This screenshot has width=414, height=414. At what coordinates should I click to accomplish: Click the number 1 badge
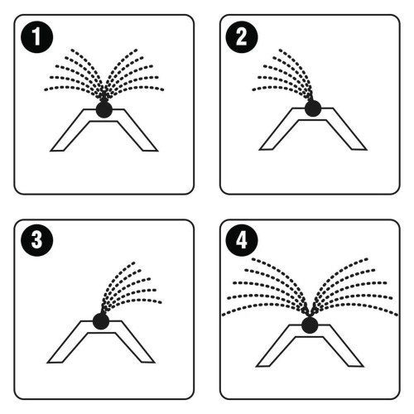(37, 37)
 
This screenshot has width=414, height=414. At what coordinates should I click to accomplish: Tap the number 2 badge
(242, 37)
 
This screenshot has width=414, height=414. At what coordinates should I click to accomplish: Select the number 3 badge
(37, 240)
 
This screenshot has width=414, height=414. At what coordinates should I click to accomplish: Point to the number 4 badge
(242, 240)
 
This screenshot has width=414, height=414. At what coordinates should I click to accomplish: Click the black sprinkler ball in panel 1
(104, 109)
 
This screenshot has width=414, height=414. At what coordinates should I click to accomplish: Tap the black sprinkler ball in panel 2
(313, 108)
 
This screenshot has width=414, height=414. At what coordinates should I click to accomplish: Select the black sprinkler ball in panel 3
(101, 321)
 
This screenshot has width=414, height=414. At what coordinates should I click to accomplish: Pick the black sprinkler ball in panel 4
(310, 325)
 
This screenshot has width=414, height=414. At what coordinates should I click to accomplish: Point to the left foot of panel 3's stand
(55, 362)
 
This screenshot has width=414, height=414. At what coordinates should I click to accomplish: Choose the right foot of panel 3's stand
(147, 362)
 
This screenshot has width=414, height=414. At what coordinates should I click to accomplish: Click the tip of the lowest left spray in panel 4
(223, 315)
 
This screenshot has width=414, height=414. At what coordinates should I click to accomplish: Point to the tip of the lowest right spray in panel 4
(397, 315)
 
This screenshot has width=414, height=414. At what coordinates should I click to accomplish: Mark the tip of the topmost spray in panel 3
(134, 262)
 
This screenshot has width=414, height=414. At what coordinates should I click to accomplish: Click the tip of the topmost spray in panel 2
(280, 50)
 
